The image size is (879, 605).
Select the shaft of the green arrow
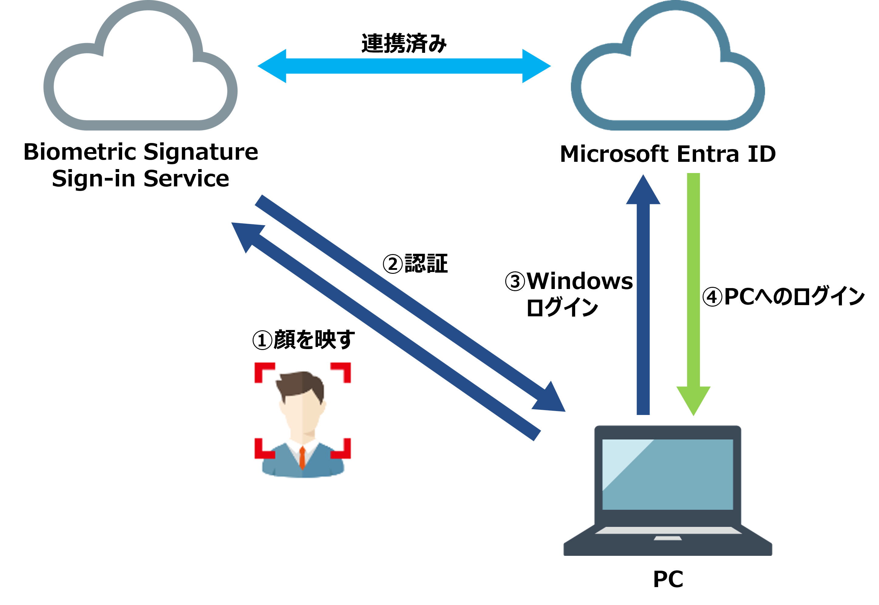coord(693,277)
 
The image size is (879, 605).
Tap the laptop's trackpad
coord(668,538)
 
